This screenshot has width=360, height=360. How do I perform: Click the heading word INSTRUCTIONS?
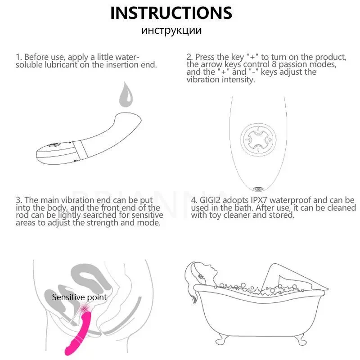pos(171,13)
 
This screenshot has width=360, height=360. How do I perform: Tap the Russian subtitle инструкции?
pos(171,30)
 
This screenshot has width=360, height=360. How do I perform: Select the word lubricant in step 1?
pos(61,65)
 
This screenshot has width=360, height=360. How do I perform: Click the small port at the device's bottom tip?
pos(258,189)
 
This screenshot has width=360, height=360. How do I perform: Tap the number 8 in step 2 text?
pos(274,64)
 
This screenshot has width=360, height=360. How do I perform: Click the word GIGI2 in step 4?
pos(210,200)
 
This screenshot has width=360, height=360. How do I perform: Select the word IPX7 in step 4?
pos(259,200)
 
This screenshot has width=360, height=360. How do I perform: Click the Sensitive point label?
pos(80,297)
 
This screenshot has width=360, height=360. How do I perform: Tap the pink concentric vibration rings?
pos(85,309)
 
